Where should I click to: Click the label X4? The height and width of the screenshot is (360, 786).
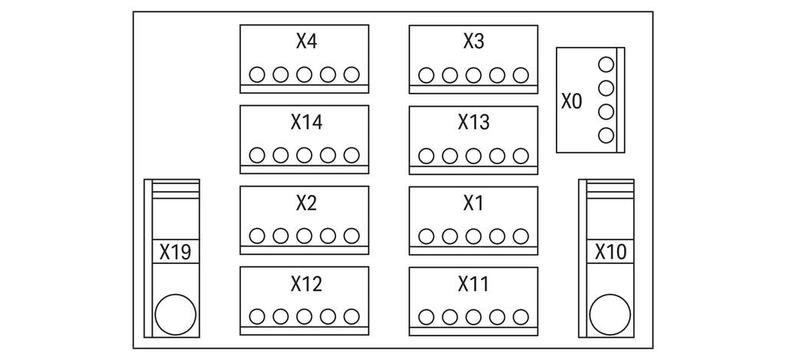pyautogui.click(x=305, y=41)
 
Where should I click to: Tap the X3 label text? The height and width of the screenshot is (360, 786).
pyautogui.click(x=474, y=41)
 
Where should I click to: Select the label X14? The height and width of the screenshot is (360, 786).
pyautogui.click(x=305, y=122)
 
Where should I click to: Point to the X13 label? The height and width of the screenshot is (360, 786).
pyautogui.click(x=474, y=122)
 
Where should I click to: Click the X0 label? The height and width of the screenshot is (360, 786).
pyautogui.click(x=572, y=101)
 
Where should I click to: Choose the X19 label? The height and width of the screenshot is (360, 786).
pyautogui.click(x=175, y=252)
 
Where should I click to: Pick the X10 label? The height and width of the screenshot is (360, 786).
pyautogui.click(x=611, y=252)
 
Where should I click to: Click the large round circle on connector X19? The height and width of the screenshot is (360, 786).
pyautogui.click(x=175, y=315)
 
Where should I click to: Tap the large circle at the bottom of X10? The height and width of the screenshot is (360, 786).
pyautogui.click(x=610, y=315)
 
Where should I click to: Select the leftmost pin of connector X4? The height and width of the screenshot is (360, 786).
pyautogui.click(x=257, y=74)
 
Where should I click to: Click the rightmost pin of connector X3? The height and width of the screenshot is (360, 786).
pyautogui.click(x=521, y=75)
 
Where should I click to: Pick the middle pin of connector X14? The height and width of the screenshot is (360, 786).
pyautogui.click(x=305, y=155)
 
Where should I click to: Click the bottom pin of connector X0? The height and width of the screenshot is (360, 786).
pyautogui.click(x=606, y=136)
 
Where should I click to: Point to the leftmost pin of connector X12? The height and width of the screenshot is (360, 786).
pyautogui.click(x=257, y=315)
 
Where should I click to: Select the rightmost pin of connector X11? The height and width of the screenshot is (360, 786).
pyautogui.click(x=521, y=315)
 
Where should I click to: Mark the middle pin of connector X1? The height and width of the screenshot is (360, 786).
pyautogui.click(x=474, y=236)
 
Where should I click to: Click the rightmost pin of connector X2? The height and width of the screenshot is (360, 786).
pyautogui.click(x=352, y=236)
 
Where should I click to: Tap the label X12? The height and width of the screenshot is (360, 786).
pyautogui.click(x=305, y=284)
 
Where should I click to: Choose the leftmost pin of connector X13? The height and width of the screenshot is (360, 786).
pyautogui.click(x=426, y=156)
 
